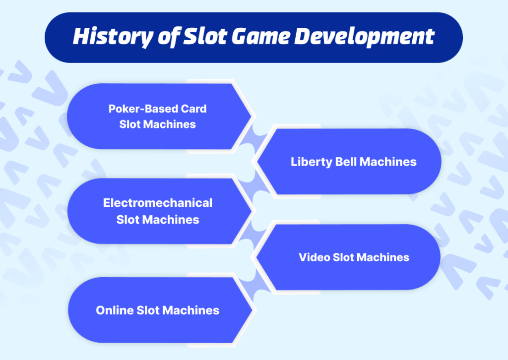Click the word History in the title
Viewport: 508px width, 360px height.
(x=108, y=37)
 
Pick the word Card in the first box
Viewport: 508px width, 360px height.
(x=194, y=109)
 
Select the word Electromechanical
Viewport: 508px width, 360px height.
(x=158, y=203)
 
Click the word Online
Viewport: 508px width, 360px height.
(x=113, y=310)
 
